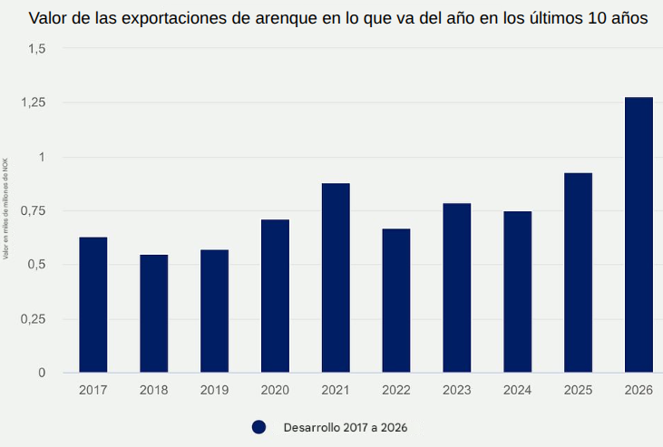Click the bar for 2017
point(93,305)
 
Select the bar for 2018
point(154,314)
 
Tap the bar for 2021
point(336,277)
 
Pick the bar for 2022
point(396,300)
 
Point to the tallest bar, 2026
point(639,235)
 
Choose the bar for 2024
point(518,292)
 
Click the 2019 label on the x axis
point(214,390)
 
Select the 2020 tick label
point(275,390)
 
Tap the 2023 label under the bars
point(456,390)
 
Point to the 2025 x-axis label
point(578,390)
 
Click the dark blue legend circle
point(258,426)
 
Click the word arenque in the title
point(288,18)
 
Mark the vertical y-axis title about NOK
point(5,209)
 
